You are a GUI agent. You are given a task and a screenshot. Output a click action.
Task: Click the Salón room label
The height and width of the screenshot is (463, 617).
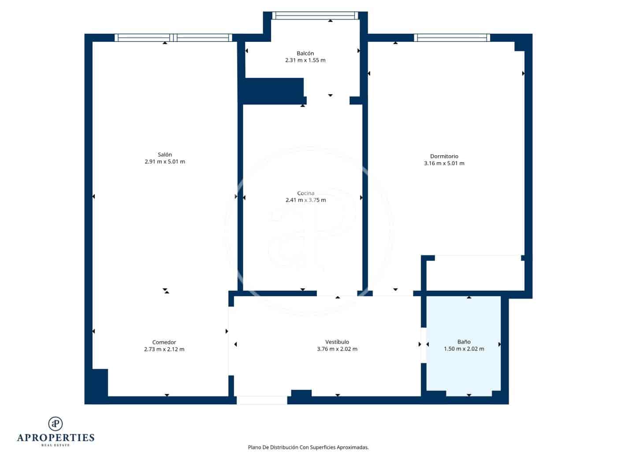(x=164, y=154)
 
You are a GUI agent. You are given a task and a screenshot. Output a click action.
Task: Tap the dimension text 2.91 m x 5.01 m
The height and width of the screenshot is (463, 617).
(x=164, y=162)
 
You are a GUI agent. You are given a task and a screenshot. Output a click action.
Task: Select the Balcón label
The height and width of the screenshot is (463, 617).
(x=305, y=53)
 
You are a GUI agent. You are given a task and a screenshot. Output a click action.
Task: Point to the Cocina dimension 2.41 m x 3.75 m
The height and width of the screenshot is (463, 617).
(x=305, y=200)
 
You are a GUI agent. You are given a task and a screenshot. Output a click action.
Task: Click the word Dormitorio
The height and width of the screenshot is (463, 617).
(x=444, y=156)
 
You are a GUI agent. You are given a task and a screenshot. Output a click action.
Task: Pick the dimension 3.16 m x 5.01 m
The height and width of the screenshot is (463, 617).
(x=444, y=163)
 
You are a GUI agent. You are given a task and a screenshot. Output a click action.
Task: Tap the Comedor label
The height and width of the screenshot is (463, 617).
(x=164, y=342)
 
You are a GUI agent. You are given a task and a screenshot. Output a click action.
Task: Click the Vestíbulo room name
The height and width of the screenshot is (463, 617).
(x=337, y=342)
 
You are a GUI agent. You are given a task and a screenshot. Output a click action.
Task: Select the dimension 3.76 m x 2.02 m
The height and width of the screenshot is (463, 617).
(x=337, y=349)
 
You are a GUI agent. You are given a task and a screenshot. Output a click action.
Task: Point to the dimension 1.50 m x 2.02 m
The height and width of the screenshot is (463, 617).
(x=464, y=349)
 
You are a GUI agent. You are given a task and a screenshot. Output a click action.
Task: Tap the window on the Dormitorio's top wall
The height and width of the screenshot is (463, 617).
(x=452, y=38)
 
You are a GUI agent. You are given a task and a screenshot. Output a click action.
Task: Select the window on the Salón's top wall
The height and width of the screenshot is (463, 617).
(x=173, y=38)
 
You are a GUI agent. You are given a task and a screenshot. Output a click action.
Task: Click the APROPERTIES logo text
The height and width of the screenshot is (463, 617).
(x=56, y=438)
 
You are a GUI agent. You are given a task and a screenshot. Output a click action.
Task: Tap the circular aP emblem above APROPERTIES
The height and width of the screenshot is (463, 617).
(x=56, y=423)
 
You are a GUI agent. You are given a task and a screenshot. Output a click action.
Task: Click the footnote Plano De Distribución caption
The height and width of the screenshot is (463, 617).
(x=308, y=447)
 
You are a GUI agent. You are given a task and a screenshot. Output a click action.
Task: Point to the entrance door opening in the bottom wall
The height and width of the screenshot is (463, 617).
(x=262, y=400)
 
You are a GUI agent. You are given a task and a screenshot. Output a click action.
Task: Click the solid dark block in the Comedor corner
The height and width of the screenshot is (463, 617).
(x=100, y=382)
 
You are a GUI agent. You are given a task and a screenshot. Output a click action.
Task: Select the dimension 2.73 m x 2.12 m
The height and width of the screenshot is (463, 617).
(x=164, y=349)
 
